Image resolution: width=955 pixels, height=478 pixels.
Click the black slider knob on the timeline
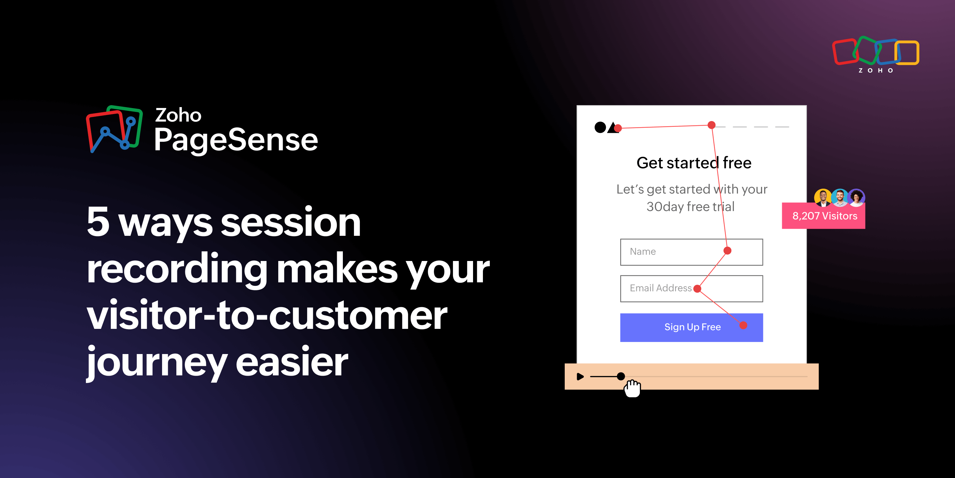[621, 376]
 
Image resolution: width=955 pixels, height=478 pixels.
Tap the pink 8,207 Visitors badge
[824, 216]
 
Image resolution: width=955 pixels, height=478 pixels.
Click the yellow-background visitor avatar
[823, 197]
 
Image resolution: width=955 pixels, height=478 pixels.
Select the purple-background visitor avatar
[856, 197]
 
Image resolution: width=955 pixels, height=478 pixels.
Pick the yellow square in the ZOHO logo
[907, 53]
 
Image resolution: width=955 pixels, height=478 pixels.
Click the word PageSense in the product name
[236, 140]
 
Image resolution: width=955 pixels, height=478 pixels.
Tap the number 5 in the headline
[98, 222]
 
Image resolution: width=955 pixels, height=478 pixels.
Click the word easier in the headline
[292, 362]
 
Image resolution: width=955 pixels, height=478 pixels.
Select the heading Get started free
[694, 163]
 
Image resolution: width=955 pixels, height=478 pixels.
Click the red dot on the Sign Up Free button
[743, 325]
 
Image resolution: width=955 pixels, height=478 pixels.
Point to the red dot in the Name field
[727, 251]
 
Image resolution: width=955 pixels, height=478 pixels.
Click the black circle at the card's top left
[600, 127]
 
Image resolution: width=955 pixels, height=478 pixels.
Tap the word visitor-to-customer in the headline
[267, 315]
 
